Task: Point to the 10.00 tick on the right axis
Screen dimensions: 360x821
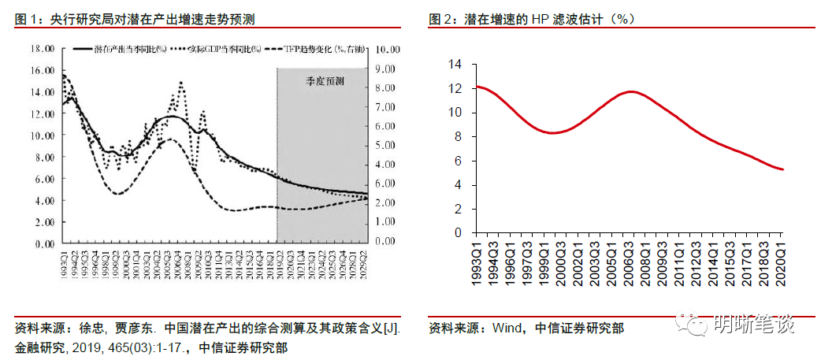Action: [x=389, y=49]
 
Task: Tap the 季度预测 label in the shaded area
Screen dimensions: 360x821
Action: [x=325, y=81]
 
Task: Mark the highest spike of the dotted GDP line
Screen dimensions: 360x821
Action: [x=180, y=82]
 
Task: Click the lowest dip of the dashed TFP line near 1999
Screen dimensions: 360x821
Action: [x=117, y=194]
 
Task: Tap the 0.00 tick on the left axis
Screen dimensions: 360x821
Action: [x=43, y=244]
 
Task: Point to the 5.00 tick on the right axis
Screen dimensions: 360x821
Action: [x=386, y=146]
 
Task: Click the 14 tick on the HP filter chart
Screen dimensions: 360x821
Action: [x=455, y=64]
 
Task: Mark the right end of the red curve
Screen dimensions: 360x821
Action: [x=782, y=169]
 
